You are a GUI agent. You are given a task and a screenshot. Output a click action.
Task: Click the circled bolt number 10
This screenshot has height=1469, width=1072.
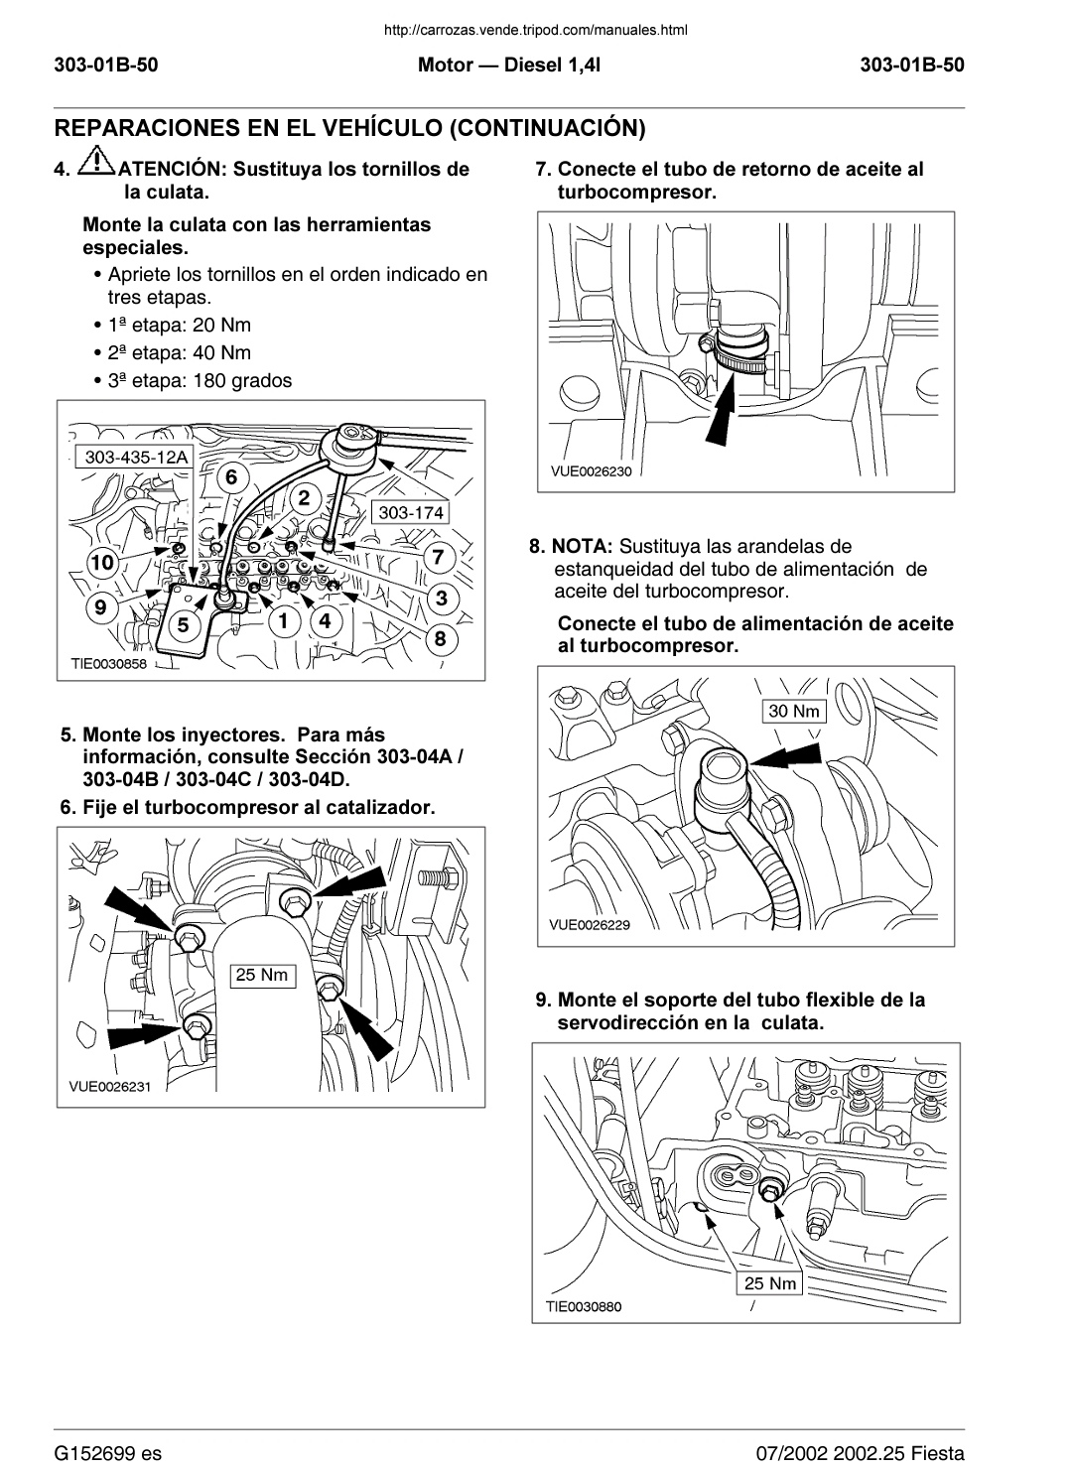click(x=101, y=563)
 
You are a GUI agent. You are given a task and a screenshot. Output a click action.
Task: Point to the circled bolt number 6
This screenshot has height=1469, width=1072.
click(x=230, y=477)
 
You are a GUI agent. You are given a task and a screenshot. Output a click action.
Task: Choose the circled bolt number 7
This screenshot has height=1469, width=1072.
click(x=438, y=557)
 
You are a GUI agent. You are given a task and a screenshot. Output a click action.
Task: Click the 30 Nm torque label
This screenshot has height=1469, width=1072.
click(x=794, y=711)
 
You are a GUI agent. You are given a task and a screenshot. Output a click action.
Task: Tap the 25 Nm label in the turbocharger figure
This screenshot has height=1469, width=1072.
click(x=261, y=975)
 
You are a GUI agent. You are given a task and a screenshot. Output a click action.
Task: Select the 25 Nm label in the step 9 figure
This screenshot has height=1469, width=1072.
click(x=770, y=1283)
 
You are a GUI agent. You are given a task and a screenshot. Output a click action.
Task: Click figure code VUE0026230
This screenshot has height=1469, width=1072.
click(x=591, y=471)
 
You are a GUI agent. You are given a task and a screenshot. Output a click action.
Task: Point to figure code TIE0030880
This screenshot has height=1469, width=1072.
click(x=584, y=1306)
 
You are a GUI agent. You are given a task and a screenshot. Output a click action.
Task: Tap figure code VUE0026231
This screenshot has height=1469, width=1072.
click(x=109, y=1086)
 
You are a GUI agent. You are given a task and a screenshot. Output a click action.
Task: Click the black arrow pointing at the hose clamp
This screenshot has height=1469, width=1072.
click(x=726, y=408)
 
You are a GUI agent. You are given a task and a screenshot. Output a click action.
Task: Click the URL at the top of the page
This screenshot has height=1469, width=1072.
click(x=535, y=30)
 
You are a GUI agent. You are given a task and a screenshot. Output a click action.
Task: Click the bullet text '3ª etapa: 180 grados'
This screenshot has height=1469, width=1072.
click(x=200, y=380)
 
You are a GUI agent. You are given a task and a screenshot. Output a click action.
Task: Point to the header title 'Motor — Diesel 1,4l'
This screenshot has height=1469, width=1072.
click(x=509, y=66)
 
